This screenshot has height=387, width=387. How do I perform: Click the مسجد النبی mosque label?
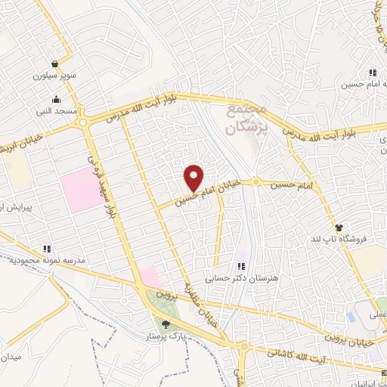pyautogui.click(x=55, y=111)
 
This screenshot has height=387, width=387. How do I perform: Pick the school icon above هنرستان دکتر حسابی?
pyautogui.click(x=241, y=266)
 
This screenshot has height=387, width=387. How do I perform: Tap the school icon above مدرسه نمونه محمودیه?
pyautogui.click(x=47, y=248)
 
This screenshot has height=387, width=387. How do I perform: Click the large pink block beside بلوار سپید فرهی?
pyautogui.click(x=80, y=189)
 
